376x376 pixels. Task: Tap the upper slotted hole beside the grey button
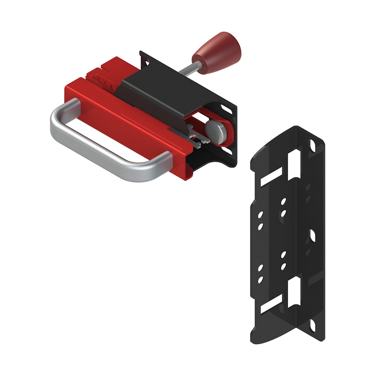pyautogui.click(x=227, y=109)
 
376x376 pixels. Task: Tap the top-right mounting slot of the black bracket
pyautogui.click(x=312, y=145)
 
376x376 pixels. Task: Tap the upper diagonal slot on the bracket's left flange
pyautogui.click(x=271, y=177)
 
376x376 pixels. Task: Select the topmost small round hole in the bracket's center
pyautogui.click(x=283, y=202)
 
